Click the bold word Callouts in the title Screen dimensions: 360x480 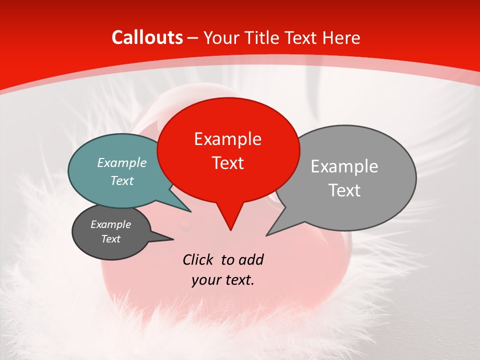point(147,37)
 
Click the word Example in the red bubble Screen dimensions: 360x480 point(227,139)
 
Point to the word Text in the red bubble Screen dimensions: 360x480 point(227,163)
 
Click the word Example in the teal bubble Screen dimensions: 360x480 point(122,162)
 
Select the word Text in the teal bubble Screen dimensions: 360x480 point(122,180)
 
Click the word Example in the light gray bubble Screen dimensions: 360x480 point(344,166)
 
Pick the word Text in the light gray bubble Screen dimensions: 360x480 point(344,190)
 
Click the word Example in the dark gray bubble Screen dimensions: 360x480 point(110,224)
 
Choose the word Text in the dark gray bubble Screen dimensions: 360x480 point(110,239)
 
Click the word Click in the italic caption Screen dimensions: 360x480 point(198,259)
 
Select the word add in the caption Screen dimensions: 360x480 point(251,259)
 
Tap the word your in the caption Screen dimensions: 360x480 point(206,280)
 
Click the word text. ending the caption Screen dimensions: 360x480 point(239,280)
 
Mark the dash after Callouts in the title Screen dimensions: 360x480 point(193,38)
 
